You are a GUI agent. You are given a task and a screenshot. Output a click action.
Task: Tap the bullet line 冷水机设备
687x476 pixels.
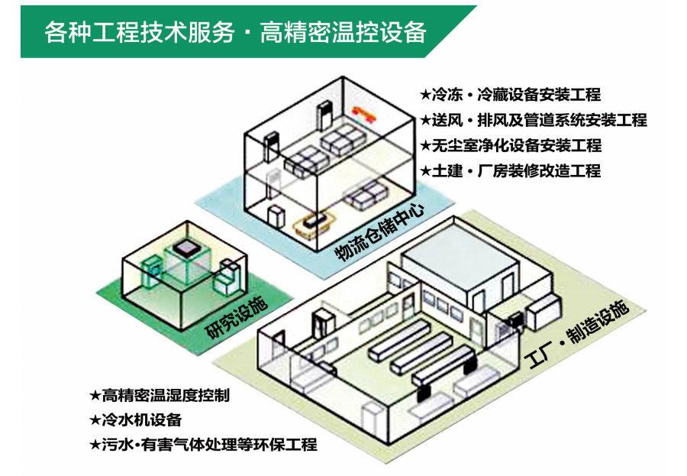click(142, 419)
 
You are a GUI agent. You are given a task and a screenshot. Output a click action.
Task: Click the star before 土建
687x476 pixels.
click(426, 170)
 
